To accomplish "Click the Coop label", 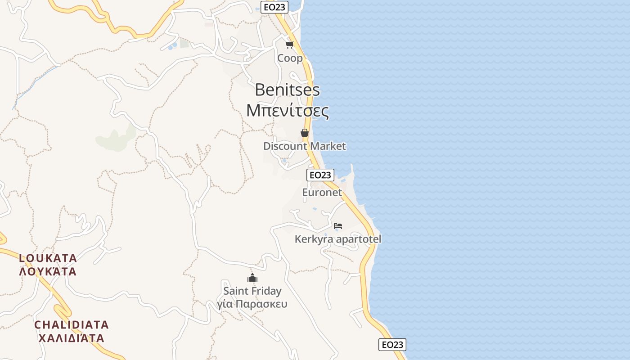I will [290, 58].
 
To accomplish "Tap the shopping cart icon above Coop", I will [289, 45].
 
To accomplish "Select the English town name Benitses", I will [287, 90].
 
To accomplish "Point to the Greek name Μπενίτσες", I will [287, 111].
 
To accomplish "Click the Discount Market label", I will [304, 146].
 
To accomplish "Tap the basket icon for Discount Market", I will [305, 133].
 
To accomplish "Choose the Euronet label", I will [322, 192].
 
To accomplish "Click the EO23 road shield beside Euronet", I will [320, 175].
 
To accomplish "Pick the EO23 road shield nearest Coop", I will [274, 7].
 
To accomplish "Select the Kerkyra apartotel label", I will [337, 239].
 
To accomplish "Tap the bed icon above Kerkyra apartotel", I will [338, 225].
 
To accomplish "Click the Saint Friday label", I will [252, 291].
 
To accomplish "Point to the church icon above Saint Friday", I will [252, 278].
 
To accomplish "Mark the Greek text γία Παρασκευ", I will [252, 304].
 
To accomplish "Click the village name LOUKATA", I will [48, 258].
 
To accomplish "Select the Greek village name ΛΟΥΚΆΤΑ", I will [48, 271].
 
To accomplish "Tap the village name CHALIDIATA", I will [72, 324].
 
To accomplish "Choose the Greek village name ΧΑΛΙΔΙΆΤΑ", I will [71, 338].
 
